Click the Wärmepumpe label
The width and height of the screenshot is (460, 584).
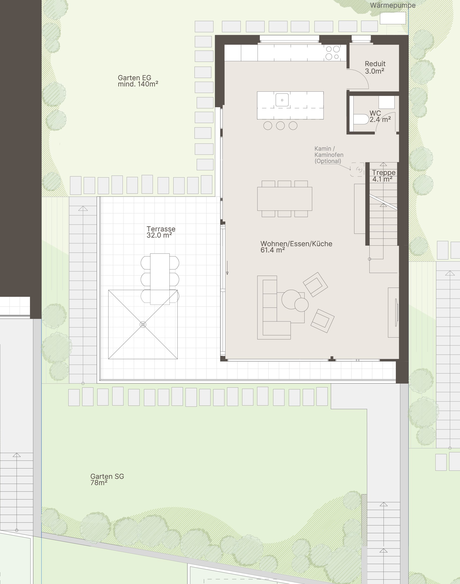(392, 5)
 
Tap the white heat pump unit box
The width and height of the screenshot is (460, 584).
(392, 18)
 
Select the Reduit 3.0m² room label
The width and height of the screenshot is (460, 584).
(375, 67)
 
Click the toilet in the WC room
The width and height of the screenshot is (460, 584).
(361, 119)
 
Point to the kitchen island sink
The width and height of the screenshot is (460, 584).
(282, 100)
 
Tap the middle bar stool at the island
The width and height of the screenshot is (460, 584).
(280, 125)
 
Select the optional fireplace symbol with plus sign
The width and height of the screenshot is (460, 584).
(359, 170)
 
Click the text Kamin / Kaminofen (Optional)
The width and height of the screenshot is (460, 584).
(329, 155)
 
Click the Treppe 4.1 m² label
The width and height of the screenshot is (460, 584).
(383, 175)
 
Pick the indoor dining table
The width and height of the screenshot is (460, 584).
(285, 199)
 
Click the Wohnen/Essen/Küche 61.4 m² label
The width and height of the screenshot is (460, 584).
(296, 247)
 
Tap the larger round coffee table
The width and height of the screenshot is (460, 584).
(291, 299)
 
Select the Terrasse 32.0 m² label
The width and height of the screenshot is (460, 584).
(161, 232)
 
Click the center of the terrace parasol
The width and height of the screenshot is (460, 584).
(143, 325)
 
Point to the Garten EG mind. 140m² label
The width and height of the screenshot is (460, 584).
(138, 81)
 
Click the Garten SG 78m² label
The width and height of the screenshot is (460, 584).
(107, 479)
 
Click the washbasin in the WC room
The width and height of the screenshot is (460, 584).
(387, 102)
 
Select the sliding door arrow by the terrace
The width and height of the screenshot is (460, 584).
(227, 268)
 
